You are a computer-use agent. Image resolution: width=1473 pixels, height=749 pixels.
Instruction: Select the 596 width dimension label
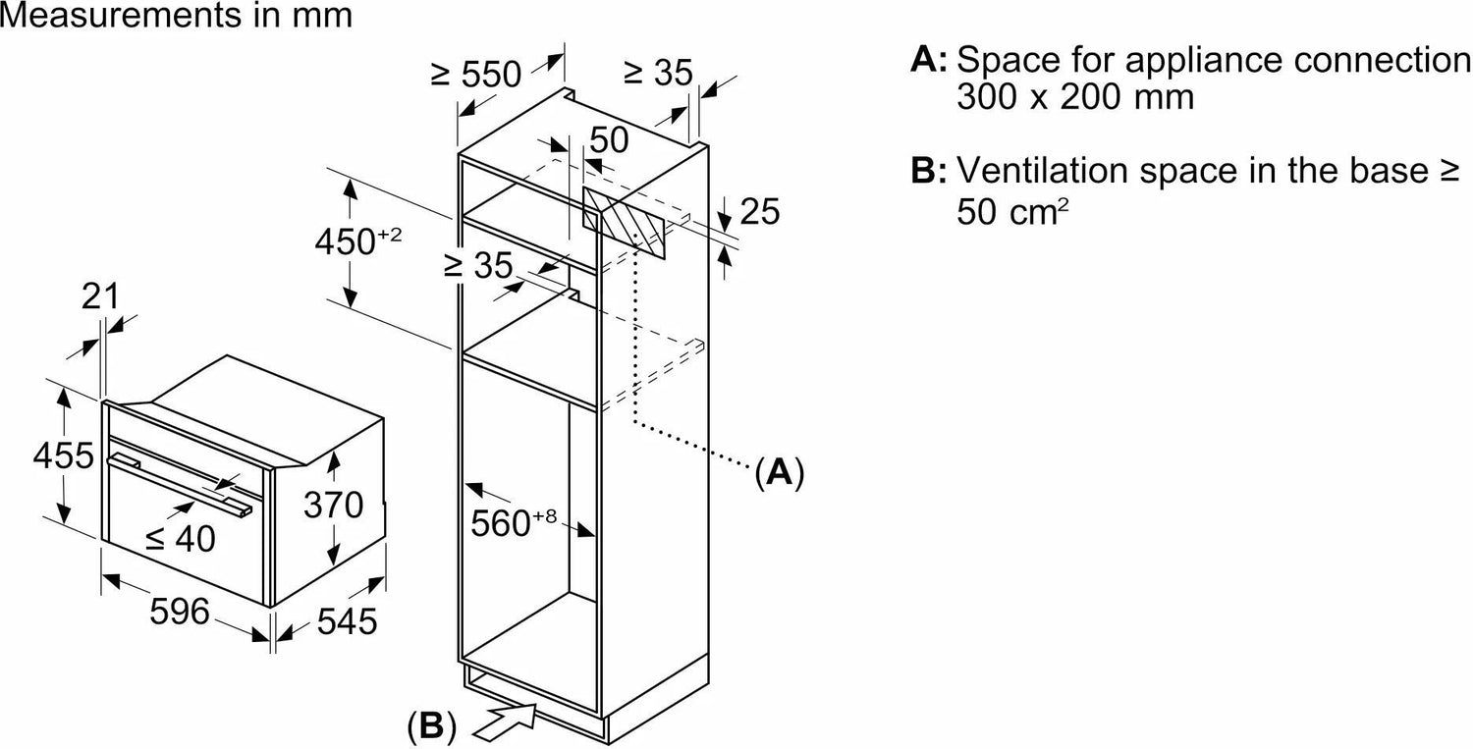pos(179,612)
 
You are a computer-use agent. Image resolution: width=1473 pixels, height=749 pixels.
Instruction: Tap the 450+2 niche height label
pos(357,240)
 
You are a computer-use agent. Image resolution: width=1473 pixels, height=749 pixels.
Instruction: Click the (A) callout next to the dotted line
pos(779,473)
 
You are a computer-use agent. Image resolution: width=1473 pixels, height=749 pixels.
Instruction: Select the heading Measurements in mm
pos(176,17)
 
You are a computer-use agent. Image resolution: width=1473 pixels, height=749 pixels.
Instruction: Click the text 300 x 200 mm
pos(1075,97)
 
